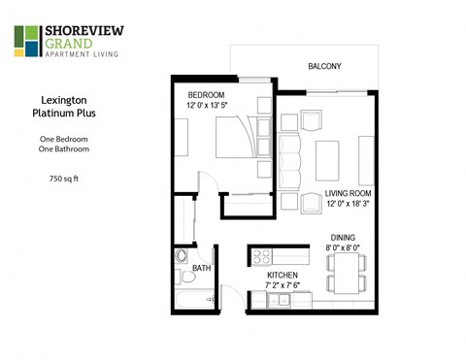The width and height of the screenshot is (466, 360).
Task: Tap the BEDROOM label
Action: click(207, 94)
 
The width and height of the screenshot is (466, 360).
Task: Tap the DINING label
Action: click(345, 235)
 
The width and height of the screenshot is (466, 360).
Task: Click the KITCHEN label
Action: click(284, 276)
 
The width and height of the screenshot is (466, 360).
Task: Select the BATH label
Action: click(202, 268)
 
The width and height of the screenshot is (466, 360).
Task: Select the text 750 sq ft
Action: click(65, 179)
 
